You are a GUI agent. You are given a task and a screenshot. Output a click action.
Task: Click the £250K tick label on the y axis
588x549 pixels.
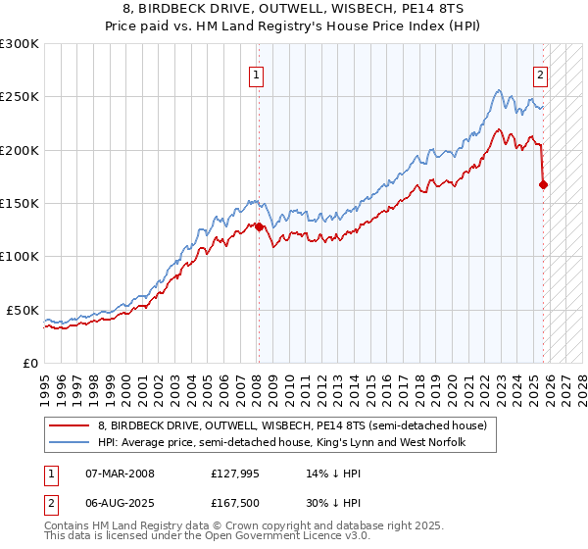[20, 97]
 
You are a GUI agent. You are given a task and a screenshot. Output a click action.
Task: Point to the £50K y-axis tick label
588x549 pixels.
[24, 310]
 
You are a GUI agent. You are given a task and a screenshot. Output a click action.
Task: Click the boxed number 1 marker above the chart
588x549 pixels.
[257, 74]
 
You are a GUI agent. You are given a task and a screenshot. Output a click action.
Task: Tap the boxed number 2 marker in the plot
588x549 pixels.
[540, 74]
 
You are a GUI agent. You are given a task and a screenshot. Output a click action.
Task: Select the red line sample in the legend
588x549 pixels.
[70, 425]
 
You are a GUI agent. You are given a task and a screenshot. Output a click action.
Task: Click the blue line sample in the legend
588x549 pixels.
[70, 442]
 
